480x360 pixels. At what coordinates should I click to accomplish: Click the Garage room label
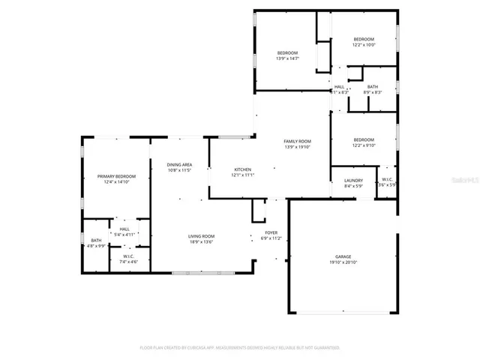coord(342,256)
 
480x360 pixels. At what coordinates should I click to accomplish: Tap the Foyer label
coord(271,232)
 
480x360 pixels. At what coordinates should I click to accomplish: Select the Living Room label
coord(201,236)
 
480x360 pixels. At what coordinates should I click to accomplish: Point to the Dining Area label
coord(179,164)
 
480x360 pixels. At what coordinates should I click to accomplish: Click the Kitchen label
coord(242,169)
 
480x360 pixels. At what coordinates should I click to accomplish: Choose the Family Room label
coord(297,141)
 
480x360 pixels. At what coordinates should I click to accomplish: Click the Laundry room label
coord(353,180)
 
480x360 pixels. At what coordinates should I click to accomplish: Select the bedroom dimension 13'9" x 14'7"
coord(287,58)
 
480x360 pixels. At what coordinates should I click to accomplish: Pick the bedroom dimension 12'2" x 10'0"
coord(364,44)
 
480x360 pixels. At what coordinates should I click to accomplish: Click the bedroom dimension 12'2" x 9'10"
coord(364,145)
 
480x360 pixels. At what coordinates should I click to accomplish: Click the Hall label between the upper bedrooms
coord(339,89)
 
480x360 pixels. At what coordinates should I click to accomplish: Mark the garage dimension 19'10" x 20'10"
coord(342,262)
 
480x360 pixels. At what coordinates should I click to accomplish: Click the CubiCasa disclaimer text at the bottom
coord(240,347)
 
